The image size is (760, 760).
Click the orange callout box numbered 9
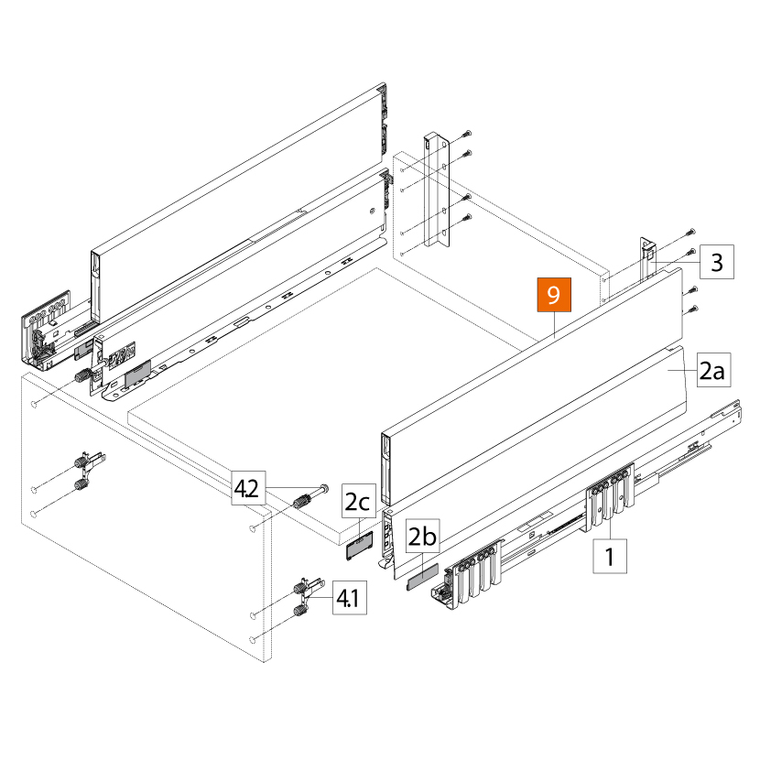pos(553,296)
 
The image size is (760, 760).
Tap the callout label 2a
pos(711,371)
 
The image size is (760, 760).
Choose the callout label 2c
pos(358,502)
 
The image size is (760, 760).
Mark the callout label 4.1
pos(347,599)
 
